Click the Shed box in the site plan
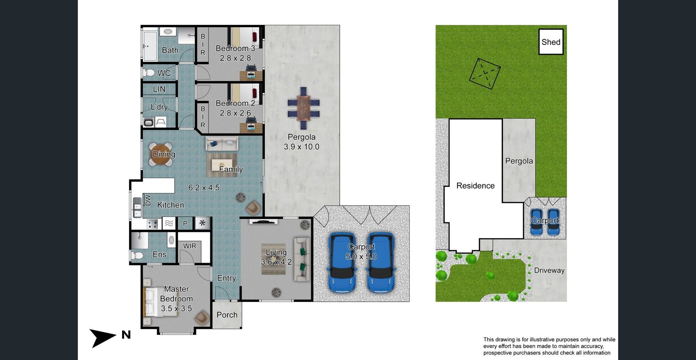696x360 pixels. click(551, 42)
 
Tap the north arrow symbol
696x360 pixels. click(103, 337)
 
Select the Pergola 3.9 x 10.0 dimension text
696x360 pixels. click(301, 147)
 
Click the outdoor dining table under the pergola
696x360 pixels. click(303, 108)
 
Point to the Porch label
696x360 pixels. click(227, 315)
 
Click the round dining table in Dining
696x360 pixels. click(161, 154)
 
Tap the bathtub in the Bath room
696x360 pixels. click(150, 46)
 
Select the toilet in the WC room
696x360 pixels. click(149, 72)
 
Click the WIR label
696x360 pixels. click(190, 246)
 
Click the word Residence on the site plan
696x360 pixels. click(475, 186)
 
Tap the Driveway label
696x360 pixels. click(549, 270)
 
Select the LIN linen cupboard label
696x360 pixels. click(159, 89)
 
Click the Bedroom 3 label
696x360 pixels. click(235, 48)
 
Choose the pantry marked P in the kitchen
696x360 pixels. click(185, 223)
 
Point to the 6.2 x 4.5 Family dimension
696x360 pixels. click(204, 188)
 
